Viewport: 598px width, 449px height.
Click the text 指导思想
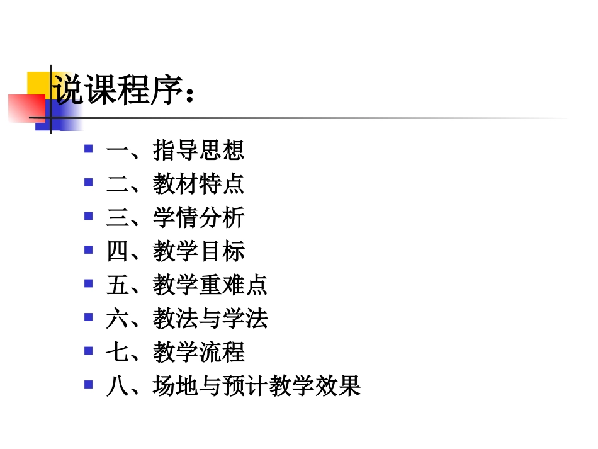[x=198, y=151]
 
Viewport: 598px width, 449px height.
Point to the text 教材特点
[x=198, y=185]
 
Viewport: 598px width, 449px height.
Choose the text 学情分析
[x=198, y=219]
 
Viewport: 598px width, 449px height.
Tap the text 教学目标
[x=198, y=252]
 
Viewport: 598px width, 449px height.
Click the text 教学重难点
[x=210, y=285]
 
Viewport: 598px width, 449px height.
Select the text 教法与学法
[x=210, y=319]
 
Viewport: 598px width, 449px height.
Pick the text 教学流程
[x=198, y=352]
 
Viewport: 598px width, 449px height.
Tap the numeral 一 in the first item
[x=117, y=151]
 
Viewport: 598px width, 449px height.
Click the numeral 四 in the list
[x=117, y=252]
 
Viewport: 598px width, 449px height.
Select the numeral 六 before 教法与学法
[x=117, y=319]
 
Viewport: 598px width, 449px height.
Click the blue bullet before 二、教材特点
[x=89, y=183]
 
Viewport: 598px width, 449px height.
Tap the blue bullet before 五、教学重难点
[x=89, y=283]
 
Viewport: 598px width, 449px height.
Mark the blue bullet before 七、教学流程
[x=89, y=350]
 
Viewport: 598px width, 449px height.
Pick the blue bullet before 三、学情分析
[x=89, y=216]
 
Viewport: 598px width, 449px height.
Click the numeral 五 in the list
[x=117, y=285]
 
